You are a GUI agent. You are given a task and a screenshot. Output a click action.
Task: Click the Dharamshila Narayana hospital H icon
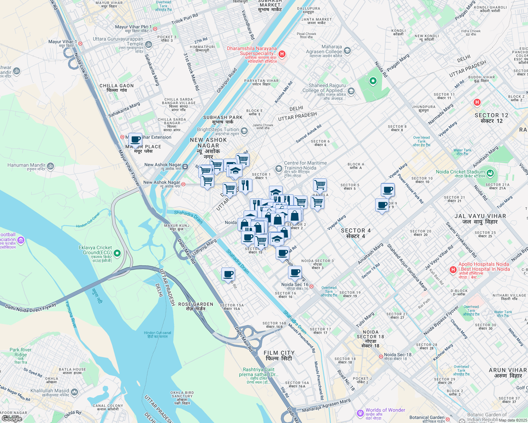282,54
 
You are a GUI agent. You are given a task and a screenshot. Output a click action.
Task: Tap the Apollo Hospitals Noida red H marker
453,270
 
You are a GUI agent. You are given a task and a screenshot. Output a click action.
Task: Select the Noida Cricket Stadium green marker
490,173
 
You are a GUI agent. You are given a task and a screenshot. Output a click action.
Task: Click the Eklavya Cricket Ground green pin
118,253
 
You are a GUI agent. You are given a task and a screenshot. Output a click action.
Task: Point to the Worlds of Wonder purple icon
360,413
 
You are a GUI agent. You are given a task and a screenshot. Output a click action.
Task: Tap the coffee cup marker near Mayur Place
135,139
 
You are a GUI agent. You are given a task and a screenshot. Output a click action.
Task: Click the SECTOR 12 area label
491,118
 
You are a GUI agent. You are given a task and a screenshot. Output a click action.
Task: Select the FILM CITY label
279,355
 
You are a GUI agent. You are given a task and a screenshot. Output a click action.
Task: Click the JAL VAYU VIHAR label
480,219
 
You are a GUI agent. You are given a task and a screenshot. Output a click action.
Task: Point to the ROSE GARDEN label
196,306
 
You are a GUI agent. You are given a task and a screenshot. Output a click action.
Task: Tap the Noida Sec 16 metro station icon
311,287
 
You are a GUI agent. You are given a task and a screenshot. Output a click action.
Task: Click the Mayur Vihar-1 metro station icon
80,44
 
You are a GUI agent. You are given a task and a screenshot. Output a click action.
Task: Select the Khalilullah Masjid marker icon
74,392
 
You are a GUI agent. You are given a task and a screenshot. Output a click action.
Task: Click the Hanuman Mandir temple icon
50,166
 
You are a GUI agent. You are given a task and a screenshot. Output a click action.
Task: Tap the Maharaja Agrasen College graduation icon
347,51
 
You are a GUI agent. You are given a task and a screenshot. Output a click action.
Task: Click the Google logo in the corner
12,419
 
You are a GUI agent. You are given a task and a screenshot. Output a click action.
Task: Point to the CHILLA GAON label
116,88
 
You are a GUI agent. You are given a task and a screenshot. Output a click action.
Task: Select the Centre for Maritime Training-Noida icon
279,168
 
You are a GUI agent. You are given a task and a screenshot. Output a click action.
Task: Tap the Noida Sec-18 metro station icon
381,356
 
